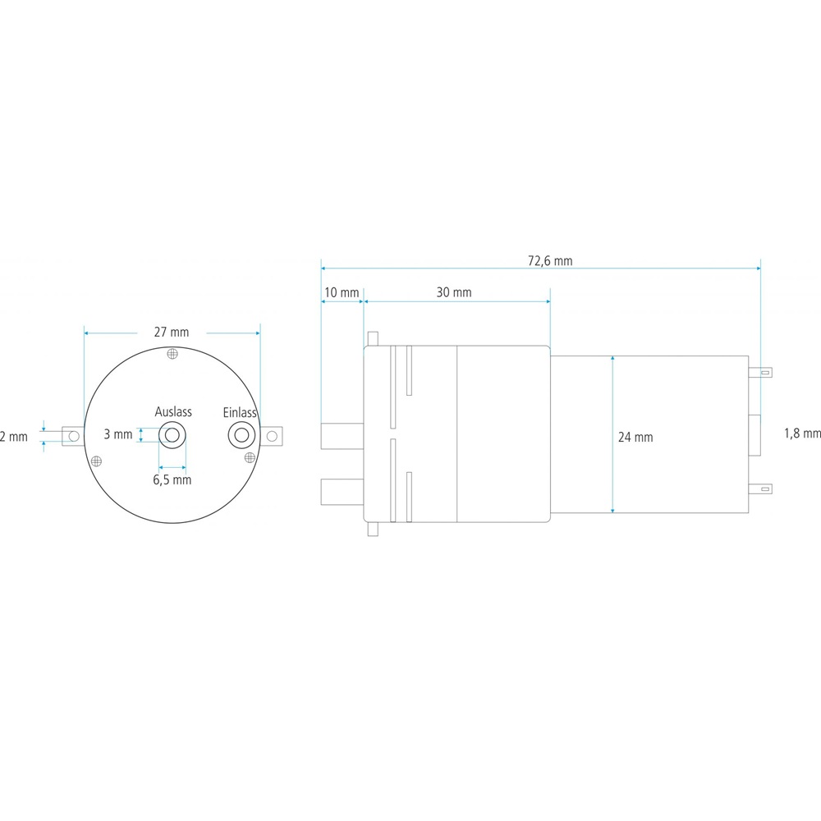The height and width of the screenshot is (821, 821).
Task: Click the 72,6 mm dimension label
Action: [x=550, y=260]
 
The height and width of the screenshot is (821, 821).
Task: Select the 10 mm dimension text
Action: [x=342, y=292]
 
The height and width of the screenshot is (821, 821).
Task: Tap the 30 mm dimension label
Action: [x=454, y=292]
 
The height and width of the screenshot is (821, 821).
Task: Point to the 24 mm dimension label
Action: [x=635, y=438]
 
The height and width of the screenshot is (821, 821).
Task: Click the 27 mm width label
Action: [x=172, y=332]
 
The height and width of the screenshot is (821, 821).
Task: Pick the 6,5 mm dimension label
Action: [x=172, y=479]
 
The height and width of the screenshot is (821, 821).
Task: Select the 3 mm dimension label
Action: [x=117, y=434]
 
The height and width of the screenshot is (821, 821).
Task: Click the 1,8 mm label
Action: [x=802, y=433]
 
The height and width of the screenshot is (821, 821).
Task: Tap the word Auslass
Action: [x=173, y=411]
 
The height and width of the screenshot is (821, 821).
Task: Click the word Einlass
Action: [x=239, y=413]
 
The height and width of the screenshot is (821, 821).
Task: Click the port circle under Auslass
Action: [x=172, y=435]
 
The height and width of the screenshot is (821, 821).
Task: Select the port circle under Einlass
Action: [x=242, y=434]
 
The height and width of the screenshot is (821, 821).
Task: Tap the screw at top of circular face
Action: [x=172, y=354]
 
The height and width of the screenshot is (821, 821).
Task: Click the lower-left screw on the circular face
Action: [x=96, y=461]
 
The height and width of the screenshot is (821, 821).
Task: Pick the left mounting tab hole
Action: [x=74, y=436]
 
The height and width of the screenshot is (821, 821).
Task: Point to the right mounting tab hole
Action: [x=272, y=436]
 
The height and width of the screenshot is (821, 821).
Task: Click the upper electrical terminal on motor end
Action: [x=760, y=373]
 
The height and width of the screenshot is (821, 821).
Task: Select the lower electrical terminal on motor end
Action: [x=760, y=489]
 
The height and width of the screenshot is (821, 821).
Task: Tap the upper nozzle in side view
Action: [x=342, y=436]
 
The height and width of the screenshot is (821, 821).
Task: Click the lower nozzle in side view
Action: [x=342, y=492]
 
